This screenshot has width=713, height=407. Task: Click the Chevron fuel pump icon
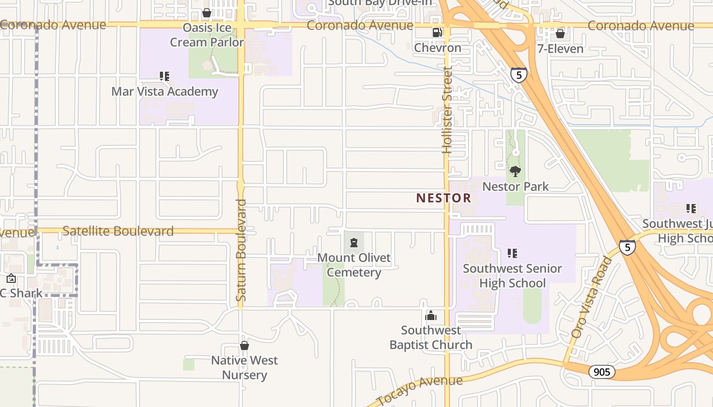click(437, 33)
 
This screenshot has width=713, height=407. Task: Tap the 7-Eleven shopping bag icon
click(560, 34)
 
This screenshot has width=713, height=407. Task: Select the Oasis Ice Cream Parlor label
click(207, 35)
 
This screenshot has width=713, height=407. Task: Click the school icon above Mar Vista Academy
click(164, 76)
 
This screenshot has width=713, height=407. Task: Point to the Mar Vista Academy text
click(164, 92)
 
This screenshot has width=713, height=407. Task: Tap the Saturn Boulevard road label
click(241, 250)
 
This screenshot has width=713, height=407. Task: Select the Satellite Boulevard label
click(118, 231)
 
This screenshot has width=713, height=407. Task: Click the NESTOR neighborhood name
click(444, 198)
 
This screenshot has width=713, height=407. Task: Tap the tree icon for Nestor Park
click(515, 171)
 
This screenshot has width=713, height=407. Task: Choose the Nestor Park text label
click(515, 187)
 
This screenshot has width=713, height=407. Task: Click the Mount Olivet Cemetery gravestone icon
click(353, 242)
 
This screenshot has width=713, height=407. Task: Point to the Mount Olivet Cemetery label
click(354, 265)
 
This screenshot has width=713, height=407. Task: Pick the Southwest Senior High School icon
click(512, 253)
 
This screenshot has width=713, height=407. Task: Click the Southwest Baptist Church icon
click(431, 316)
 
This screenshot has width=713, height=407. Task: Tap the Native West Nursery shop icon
click(244, 345)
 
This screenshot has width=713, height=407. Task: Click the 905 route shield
click(602, 372)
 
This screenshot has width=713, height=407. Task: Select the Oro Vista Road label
click(592, 298)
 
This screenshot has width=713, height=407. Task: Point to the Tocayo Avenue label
click(420, 389)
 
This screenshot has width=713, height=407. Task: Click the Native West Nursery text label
click(244, 368)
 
